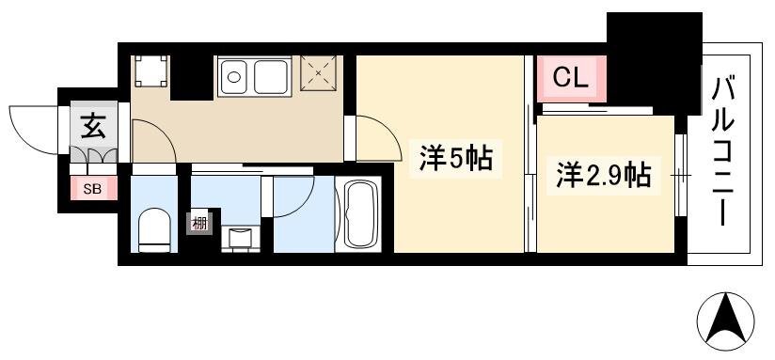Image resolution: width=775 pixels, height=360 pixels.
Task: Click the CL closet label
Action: point(570,77)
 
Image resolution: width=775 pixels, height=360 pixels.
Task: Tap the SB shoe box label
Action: point(92,190)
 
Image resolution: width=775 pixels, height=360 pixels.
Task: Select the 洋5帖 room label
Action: point(455,159)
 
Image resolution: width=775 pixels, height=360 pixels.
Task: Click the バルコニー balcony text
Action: point(725,152)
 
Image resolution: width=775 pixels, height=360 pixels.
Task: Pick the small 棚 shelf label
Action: point(199,224)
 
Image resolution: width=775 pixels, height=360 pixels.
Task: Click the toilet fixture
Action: point(153,230)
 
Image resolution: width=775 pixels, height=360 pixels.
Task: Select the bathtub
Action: point(358,214)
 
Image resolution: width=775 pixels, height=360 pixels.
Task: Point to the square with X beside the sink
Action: point(319,73)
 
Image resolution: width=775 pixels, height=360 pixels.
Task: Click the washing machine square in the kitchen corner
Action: point(150,71)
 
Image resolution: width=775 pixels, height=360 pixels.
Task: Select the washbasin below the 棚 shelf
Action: point(240,239)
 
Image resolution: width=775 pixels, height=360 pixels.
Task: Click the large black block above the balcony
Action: point(654,59)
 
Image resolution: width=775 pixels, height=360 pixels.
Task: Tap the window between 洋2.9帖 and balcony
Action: point(681,175)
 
